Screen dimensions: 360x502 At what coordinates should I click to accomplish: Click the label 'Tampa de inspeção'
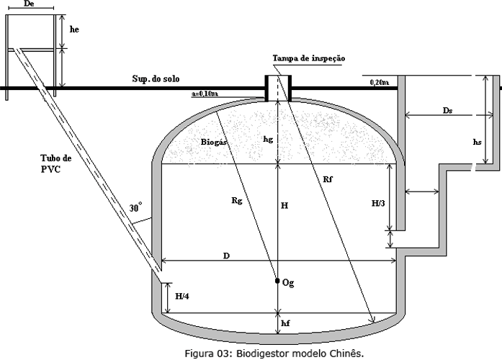(310, 58)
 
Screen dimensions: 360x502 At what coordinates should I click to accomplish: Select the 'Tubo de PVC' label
(57, 163)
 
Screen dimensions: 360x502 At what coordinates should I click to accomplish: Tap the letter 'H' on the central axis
(284, 206)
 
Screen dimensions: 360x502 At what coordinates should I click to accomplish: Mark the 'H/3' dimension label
(378, 204)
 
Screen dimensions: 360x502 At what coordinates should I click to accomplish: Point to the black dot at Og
(277, 282)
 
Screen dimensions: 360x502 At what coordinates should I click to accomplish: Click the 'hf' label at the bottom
(286, 324)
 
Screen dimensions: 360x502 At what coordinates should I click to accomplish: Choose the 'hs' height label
(476, 143)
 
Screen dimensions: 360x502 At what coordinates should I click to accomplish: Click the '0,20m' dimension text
(379, 83)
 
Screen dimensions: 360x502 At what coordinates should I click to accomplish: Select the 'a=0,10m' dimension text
(206, 93)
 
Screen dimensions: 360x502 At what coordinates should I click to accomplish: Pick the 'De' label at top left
(30, 4)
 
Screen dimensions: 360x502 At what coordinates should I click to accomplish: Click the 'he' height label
(75, 31)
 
